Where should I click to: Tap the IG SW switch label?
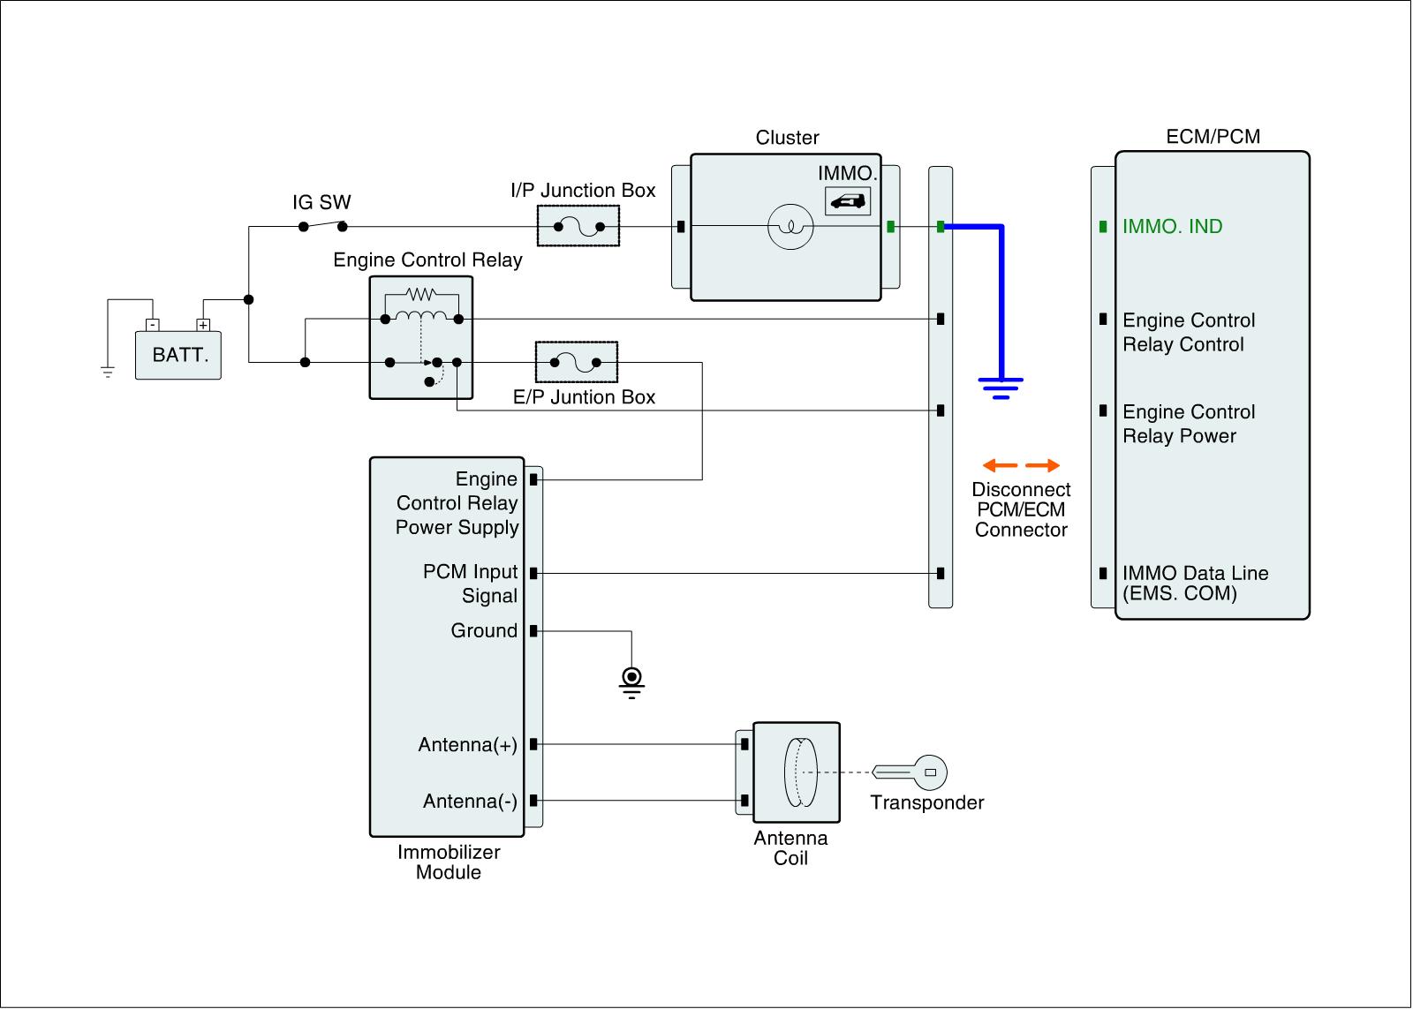pyautogui.click(x=321, y=202)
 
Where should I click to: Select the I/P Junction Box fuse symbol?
pyautogui.click(x=578, y=227)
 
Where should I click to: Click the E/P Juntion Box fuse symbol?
pyautogui.click(x=576, y=362)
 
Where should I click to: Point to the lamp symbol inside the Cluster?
pyautogui.click(x=790, y=227)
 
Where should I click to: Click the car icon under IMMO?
pyautogui.click(x=848, y=202)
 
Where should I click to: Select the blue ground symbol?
pyautogui.click(x=1001, y=388)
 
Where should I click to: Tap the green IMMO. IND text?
pyautogui.click(x=1172, y=227)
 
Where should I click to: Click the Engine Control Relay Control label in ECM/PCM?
pyautogui.click(x=1188, y=333)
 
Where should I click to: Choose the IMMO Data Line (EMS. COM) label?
pyautogui.click(x=1194, y=584)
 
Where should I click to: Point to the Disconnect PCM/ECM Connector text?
pyautogui.click(x=1021, y=510)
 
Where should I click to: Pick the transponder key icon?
pyautogui.click(x=911, y=772)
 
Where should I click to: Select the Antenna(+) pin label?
pyautogui.click(x=467, y=745)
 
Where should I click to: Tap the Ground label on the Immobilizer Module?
pyautogui.click(x=484, y=631)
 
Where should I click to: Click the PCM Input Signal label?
pyautogui.click(x=470, y=584)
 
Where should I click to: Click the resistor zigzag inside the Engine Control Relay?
pyautogui.click(x=421, y=294)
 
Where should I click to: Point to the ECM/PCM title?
pyautogui.click(x=1213, y=137)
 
